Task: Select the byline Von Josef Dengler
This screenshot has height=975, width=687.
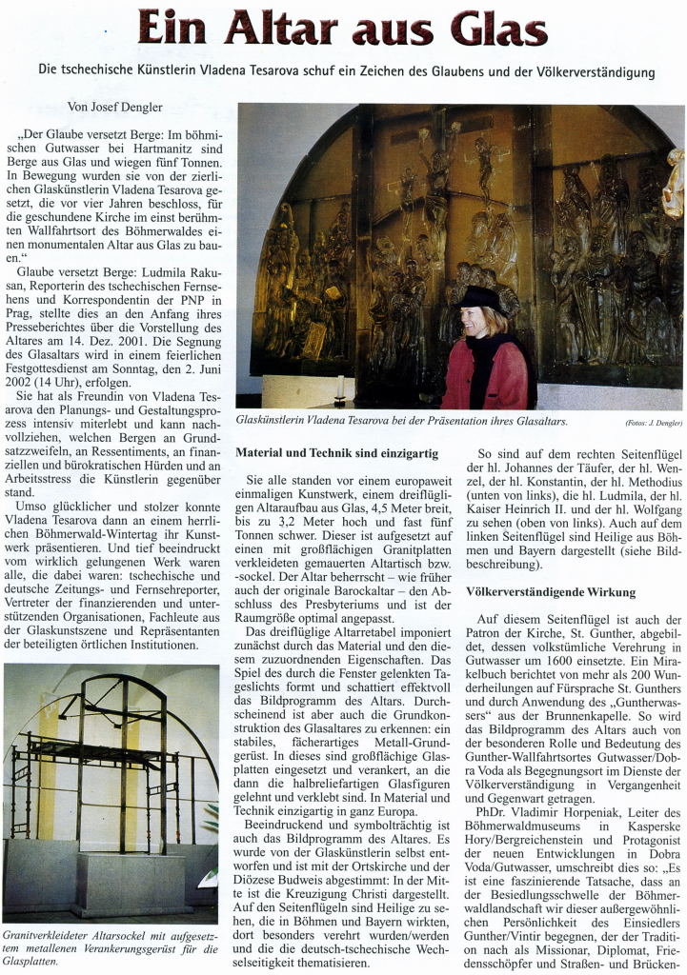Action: pyautogui.click(x=115, y=108)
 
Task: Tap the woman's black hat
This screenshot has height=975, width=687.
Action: pyautogui.click(x=481, y=299)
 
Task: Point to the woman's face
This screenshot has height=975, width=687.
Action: pyautogui.click(x=475, y=321)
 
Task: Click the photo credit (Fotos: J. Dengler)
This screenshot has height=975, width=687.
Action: pyautogui.click(x=653, y=422)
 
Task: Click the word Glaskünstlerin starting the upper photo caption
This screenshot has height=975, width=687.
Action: pyautogui.click(x=280, y=420)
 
